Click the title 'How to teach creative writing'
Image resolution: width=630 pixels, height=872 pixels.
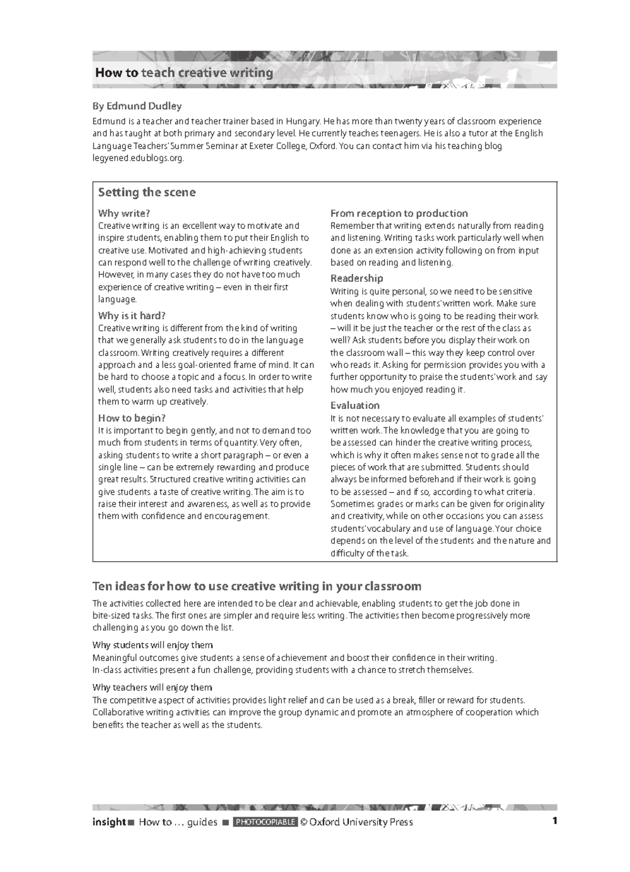click(x=184, y=72)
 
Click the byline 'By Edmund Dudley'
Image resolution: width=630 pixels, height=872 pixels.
click(x=137, y=106)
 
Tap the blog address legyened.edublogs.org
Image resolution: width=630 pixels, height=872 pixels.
click(x=138, y=158)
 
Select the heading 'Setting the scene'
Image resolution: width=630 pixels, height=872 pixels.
click(x=146, y=192)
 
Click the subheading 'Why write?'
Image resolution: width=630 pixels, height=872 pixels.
click(x=124, y=213)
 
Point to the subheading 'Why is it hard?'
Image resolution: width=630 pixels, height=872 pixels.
click(x=132, y=316)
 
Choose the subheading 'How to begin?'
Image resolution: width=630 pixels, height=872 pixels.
click(x=132, y=418)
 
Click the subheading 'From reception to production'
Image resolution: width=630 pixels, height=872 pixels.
click(x=398, y=213)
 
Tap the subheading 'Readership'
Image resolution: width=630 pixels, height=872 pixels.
click(x=356, y=278)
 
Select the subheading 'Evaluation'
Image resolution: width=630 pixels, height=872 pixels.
click(x=354, y=405)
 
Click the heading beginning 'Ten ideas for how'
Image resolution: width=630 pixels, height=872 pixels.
click(x=257, y=586)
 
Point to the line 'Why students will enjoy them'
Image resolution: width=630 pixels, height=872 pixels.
click(x=152, y=645)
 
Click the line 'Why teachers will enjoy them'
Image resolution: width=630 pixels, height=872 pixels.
click(x=152, y=687)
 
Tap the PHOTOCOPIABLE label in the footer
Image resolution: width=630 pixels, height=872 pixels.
click(x=266, y=822)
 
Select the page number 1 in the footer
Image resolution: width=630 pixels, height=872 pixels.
click(x=554, y=821)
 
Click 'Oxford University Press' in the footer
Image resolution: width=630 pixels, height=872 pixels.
click(x=361, y=822)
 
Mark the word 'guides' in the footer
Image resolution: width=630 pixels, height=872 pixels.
click(x=202, y=822)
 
